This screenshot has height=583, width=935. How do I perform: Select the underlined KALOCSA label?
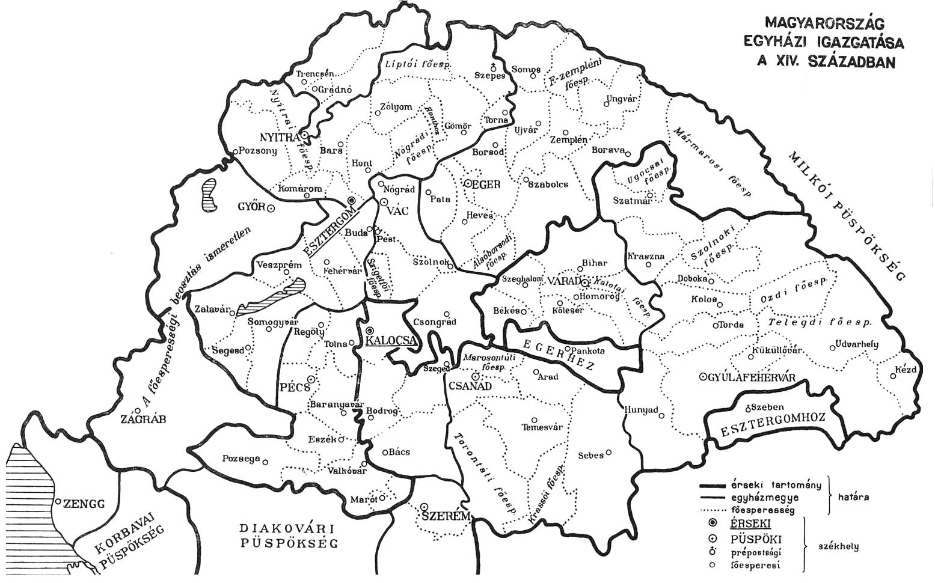tap(391, 341)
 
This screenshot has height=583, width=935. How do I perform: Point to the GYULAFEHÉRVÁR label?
tap(752, 377)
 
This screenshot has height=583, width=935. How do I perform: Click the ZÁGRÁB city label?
tap(143, 419)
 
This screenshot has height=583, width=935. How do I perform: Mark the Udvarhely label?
tap(856, 344)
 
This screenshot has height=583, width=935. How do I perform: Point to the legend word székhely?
tap(838, 547)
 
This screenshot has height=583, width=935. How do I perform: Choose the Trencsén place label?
tap(314, 73)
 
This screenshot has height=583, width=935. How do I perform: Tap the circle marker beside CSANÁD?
tap(475, 376)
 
